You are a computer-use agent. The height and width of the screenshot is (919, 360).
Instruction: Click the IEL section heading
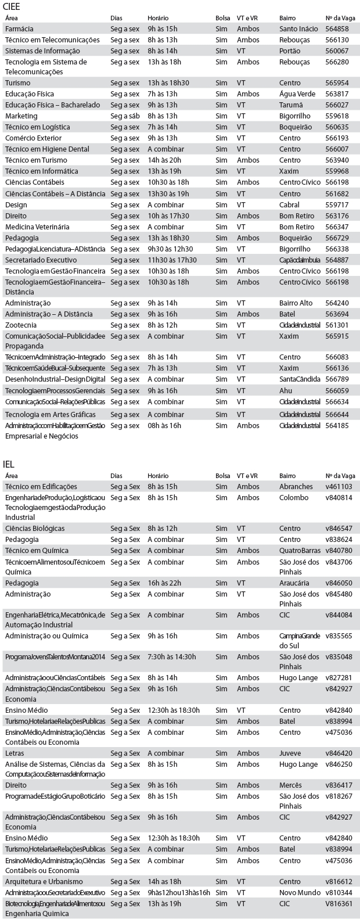[9, 464]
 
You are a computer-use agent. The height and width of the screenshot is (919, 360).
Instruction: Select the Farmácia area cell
[19, 28]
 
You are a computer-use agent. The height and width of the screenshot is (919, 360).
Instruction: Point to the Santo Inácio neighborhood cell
[298, 28]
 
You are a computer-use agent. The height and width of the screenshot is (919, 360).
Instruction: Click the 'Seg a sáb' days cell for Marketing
[125, 116]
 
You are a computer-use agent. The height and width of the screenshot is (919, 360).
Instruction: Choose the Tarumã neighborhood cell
[291, 105]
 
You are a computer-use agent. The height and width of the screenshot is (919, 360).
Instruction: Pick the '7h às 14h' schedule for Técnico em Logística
[162, 127]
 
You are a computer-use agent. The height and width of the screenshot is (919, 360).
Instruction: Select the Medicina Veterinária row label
[37, 227]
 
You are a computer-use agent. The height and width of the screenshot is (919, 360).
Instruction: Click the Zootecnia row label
[21, 325]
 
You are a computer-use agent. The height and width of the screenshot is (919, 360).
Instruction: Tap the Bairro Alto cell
[296, 303]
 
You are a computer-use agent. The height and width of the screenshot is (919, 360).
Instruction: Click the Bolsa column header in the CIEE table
[222, 18]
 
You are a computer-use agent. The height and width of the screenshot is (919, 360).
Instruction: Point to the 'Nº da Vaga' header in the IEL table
[340, 476]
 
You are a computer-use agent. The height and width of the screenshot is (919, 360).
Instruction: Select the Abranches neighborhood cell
[296, 486]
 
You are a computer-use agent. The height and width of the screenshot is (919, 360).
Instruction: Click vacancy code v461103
[339, 486]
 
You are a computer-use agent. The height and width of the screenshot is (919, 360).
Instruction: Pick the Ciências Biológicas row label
[35, 528]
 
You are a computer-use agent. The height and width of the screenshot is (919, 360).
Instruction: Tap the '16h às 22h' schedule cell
[164, 583]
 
